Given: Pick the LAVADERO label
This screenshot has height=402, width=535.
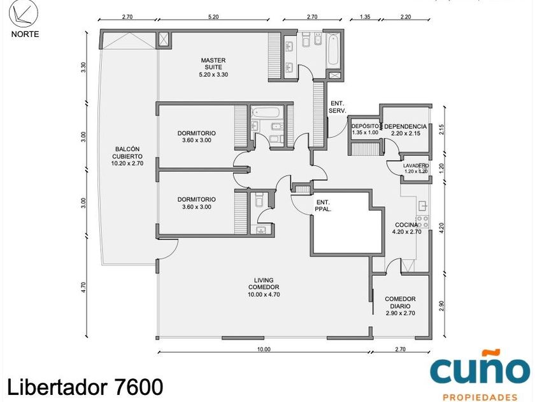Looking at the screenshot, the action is click(x=416, y=165).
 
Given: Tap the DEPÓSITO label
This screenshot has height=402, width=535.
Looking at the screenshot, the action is click(x=365, y=126).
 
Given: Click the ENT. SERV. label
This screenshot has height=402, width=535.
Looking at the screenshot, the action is click(x=338, y=107).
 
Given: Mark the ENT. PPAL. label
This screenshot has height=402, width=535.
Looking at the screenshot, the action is click(x=323, y=205).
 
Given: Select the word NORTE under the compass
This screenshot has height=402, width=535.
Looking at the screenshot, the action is click(x=25, y=34).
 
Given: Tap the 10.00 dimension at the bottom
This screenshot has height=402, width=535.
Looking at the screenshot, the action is click(x=264, y=350).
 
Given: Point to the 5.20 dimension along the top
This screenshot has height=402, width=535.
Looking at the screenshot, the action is click(x=213, y=17).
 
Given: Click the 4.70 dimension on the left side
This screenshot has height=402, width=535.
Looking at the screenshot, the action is click(x=83, y=287).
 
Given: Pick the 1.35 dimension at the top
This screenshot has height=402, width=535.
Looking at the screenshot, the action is click(x=365, y=17).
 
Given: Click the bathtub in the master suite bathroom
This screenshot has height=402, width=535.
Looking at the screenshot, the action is click(x=332, y=49).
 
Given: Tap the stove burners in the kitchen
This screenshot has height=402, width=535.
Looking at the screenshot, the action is click(x=422, y=222).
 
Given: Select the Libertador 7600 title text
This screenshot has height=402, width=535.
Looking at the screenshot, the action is click(x=85, y=387).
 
